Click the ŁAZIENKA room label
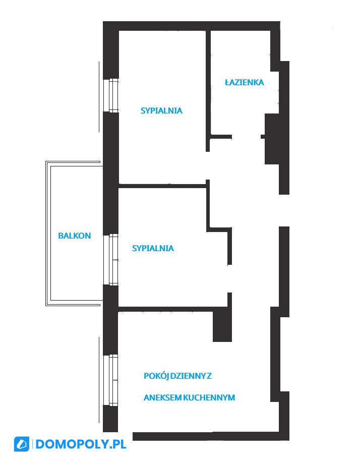point(245,82)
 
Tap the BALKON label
point(75,236)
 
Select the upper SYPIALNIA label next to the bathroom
point(161,110)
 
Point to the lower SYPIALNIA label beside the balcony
point(153,248)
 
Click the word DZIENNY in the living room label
point(188,376)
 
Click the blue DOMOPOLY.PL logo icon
point(22,444)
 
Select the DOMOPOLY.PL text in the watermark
point(81,444)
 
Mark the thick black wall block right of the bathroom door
point(272,139)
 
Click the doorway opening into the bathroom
point(246,137)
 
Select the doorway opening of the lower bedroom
point(229,279)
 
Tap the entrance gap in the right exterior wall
point(284,210)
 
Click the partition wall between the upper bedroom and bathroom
point(208,91)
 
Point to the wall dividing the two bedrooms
point(162,186)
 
